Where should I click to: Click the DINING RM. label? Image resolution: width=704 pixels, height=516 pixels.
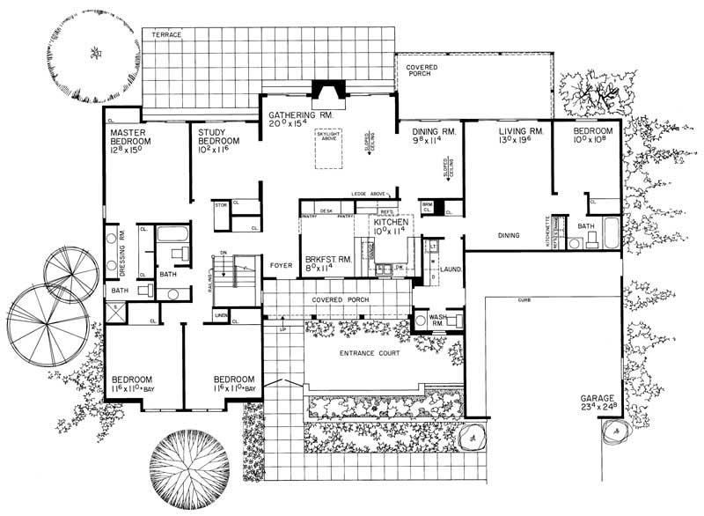pos(434,132)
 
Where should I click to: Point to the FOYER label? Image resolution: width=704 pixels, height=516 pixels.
pos(280,262)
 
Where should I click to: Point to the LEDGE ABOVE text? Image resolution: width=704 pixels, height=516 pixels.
pos(370,194)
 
